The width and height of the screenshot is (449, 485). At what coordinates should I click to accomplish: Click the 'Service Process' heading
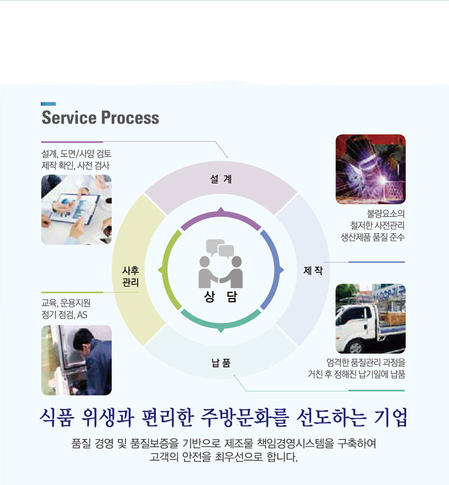[100, 117]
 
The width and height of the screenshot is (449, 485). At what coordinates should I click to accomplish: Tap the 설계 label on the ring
[221, 179]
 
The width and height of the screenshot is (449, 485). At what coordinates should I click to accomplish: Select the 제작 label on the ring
[313, 271]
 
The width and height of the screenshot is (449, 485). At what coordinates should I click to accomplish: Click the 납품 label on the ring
[221, 362]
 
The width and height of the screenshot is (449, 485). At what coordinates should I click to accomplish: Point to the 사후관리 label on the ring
[130, 276]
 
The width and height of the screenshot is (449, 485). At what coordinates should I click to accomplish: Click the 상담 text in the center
[220, 296]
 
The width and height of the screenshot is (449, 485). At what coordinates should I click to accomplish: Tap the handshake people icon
[220, 272]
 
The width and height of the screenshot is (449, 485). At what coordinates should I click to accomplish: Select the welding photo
[370, 169]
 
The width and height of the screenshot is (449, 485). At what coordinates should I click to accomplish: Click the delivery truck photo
[370, 319]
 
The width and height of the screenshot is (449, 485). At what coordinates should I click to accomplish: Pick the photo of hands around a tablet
[77, 210]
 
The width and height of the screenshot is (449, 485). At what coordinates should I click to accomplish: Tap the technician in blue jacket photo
[77, 360]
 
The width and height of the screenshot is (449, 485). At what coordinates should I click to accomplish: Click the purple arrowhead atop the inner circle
[221, 210]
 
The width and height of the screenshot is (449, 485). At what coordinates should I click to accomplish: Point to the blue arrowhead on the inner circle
[281, 271]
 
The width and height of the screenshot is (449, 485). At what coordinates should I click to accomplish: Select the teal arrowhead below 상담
[221, 330]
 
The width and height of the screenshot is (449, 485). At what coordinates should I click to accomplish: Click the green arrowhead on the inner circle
[161, 271]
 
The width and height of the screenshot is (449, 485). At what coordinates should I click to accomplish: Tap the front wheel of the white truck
[356, 347]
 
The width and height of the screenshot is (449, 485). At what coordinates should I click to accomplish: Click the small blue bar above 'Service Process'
[48, 104]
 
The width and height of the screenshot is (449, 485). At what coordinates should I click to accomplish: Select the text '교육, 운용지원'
[66, 303]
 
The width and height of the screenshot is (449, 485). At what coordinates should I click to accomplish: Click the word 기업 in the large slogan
[390, 417]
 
